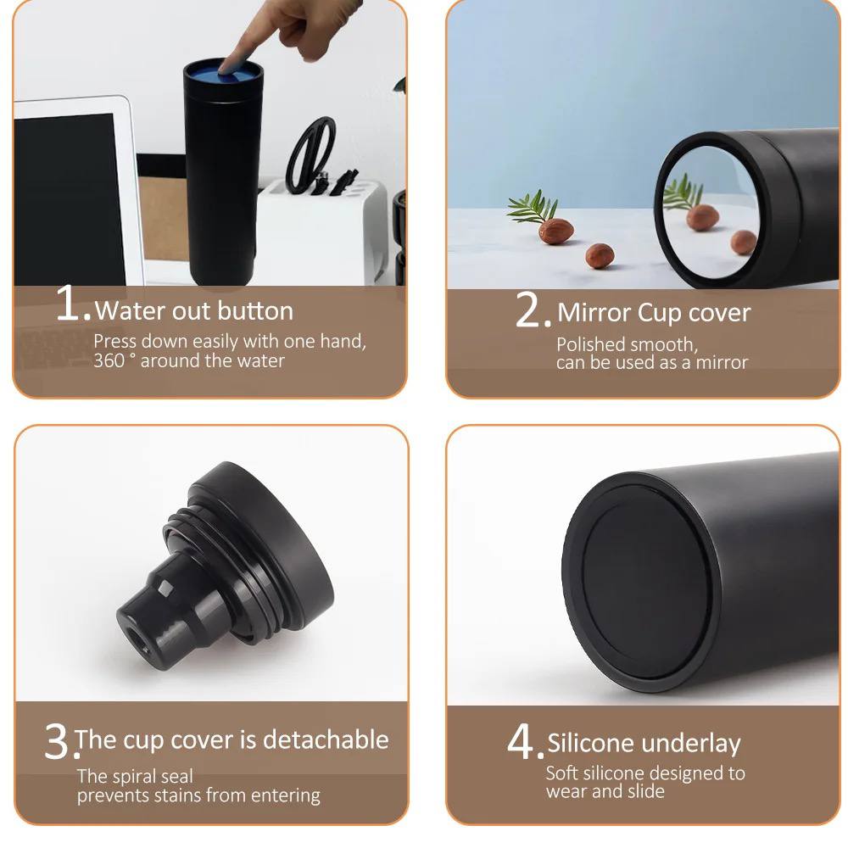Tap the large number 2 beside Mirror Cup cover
(x=528, y=309)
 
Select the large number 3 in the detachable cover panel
(x=56, y=741)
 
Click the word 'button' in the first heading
(x=255, y=311)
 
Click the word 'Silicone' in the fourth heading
(x=590, y=743)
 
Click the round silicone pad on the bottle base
(x=645, y=583)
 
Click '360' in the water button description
(x=109, y=360)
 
